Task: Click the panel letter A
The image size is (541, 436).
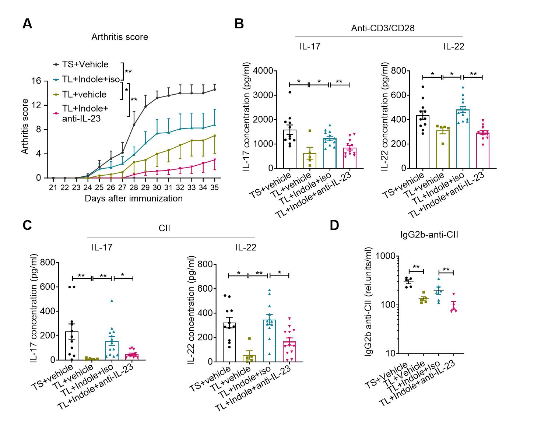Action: [27, 24]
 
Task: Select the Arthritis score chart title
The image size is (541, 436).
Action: [120, 37]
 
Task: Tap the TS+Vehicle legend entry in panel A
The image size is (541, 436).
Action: [85, 64]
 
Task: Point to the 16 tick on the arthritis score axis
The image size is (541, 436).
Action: [36, 81]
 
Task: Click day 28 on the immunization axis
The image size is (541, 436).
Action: [134, 187]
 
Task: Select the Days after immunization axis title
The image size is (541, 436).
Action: [134, 198]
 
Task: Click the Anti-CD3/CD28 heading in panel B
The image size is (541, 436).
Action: [383, 28]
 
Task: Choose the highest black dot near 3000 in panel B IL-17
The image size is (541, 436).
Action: [290, 92]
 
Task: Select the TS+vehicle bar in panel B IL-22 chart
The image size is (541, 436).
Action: [423, 142]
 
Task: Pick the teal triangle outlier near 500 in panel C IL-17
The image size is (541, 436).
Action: [112, 301]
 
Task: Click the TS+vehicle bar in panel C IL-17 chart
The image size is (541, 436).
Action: [72, 345]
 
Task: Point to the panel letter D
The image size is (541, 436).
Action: [334, 225]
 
